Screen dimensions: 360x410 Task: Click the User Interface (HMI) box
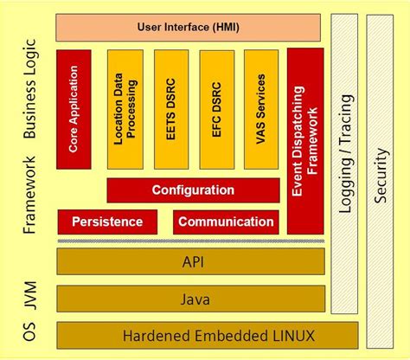click(190, 27)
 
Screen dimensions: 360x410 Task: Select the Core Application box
click(74, 109)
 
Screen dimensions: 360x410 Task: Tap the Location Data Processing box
click(125, 109)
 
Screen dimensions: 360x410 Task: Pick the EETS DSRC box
click(171, 109)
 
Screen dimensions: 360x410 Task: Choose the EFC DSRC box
click(216, 109)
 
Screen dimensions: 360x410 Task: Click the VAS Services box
click(261, 109)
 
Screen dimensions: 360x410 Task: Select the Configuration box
click(193, 190)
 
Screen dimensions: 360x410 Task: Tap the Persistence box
click(107, 222)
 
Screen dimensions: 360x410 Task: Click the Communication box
click(226, 222)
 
